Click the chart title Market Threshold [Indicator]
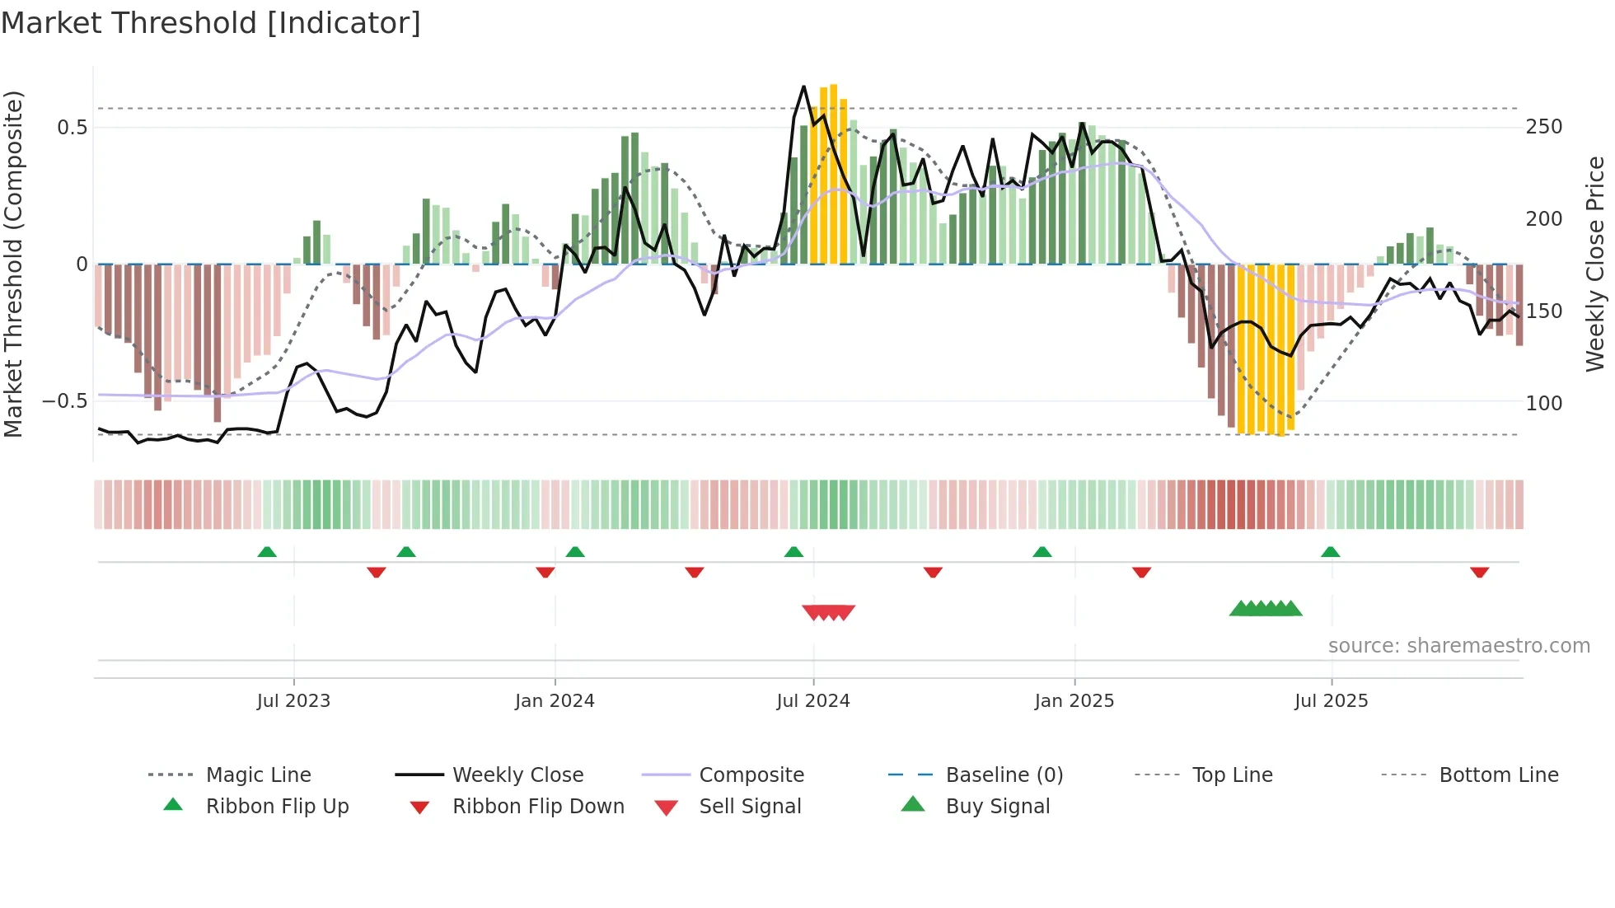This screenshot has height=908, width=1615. pyautogui.click(x=211, y=23)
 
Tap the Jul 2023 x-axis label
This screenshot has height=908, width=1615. pyautogui.click(x=293, y=701)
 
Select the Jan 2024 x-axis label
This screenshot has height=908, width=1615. pyautogui.click(x=555, y=701)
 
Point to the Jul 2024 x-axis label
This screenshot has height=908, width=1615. pyautogui.click(x=813, y=701)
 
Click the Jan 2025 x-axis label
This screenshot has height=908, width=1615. pyautogui.click(x=1074, y=701)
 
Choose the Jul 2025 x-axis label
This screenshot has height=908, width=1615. pyautogui.click(x=1332, y=701)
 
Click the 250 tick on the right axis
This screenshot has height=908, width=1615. pyautogui.click(x=1544, y=127)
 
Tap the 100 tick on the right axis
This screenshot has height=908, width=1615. pyautogui.click(x=1544, y=404)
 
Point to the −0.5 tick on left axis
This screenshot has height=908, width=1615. pyautogui.click(x=65, y=401)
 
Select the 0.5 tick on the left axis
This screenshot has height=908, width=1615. pyautogui.click(x=73, y=127)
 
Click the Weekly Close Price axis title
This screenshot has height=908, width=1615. pyautogui.click(x=1596, y=264)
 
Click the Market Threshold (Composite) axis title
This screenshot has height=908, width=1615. pyautogui.click(x=13, y=264)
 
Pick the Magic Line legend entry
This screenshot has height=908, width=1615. pyautogui.click(x=258, y=775)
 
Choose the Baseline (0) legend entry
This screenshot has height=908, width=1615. pyautogui.click(x=1004, y=775)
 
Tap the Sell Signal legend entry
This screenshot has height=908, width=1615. pyautogui.click(x=750, y=807)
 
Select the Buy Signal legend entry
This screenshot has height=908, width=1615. pyautogui.click(x=997, y=807)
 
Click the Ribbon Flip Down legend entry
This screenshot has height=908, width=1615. pyautogui.click(x=538, y=807)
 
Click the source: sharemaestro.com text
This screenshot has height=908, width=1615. pyautogui.click(x=1458, y=646)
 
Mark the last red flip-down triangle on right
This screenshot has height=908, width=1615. pyautogui.click(x=1480, y=572)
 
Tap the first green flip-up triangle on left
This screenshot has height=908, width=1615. pyautogui.click(x=267, y=552)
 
